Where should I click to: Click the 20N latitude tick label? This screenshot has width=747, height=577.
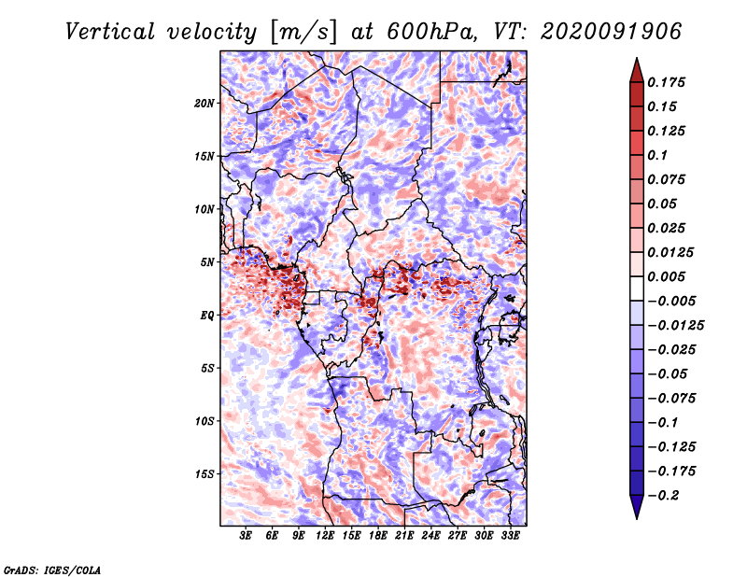[x=204, y=104]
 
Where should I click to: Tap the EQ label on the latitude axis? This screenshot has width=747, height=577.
[x=207, y=316]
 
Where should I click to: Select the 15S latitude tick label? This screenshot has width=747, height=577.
[x=204, y=474]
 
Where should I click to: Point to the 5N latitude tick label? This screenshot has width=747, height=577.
[x=207, y=262]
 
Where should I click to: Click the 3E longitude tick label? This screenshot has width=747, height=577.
[x=246, y=535]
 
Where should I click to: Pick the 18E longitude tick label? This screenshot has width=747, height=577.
[x=378, y=535]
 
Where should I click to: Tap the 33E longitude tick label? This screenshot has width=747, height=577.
[x=510, y=535]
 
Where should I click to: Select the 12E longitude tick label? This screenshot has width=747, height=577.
[x=325, y=535]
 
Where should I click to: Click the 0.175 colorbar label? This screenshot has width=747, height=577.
[x=666, y=82]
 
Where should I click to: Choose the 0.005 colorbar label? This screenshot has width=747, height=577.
[x=666, y=276]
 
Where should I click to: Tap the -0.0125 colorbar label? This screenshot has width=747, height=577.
[x=675, y=326]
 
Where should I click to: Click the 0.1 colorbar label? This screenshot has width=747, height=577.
[x=657, y=155]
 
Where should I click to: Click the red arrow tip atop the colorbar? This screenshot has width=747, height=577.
[x=637, y=58]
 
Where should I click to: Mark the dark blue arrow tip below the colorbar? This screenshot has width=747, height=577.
[x=637, y=518]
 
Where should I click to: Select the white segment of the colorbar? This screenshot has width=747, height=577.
[x=637, y=288]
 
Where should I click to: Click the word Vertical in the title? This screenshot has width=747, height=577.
[x=110, y=32]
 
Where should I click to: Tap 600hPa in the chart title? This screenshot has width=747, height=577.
[x=430, y=32]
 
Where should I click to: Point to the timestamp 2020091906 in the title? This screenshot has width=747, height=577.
[x=612, y=32]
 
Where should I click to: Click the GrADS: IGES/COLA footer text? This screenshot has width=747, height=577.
[x=52, y=570]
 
